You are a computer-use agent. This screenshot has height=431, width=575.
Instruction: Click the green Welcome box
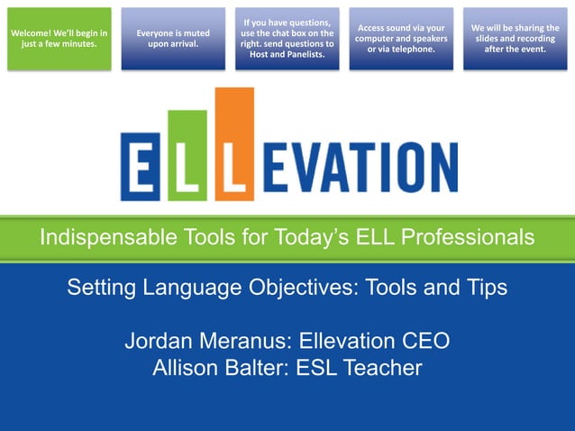(x=59, y=39)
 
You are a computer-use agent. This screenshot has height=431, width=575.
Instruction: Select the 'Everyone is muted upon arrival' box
(x=173, y=39)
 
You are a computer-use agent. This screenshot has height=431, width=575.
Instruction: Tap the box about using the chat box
(x=287, y=39)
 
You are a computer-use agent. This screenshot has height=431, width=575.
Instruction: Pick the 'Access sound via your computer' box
(x=401, y=39)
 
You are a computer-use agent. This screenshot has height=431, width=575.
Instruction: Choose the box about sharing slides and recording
(x=515, y=39)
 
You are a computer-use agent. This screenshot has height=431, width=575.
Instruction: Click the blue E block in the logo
(x=142, y=167)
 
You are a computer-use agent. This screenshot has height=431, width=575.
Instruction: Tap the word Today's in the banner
(x=296, y=238)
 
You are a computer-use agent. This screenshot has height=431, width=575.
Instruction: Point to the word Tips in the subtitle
(x=486, y=289)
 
